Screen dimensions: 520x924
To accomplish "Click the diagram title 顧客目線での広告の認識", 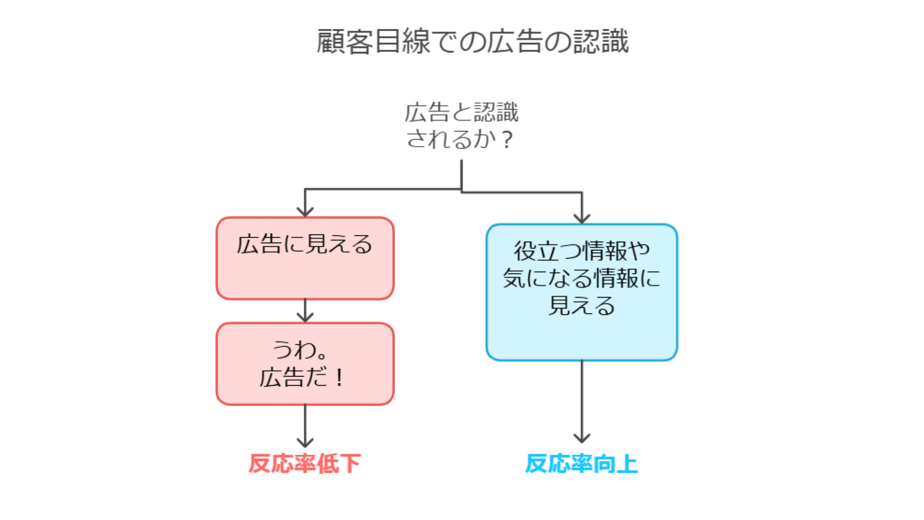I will pyautogui.click(x=472, y=41).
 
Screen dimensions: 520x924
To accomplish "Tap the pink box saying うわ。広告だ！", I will pyautogui.click(x=305, y=364).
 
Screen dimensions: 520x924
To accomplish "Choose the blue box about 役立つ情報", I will pyautogui.click(x=581, y=292).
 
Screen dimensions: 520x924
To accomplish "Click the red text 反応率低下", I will pyautogui.click(x=304, y=464).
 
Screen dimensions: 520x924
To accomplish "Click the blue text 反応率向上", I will pyautogui.click(x=581, y=464).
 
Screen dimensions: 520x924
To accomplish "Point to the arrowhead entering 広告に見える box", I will pyautogui.click(x=305, y=212).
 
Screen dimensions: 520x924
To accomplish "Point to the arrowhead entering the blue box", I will pyautogui.click(x=582, y=219).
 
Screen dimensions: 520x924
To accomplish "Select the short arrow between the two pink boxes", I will pyautogui.click(x=305, y=311).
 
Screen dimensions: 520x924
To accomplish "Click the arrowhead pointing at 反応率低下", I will pyautogui.click(x=305, y=442).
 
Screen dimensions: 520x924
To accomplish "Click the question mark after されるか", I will pyautogui.click(x=507, y=140).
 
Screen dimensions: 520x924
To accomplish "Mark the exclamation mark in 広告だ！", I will pyautogui.click(x=340, y=377).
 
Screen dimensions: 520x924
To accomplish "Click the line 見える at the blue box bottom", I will pyautogui.click(x=581, y=306).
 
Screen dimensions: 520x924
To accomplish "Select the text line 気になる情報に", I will pyautogui.click(x=581, y=278).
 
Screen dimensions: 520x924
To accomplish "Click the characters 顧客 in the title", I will pyautogui.click(x=345, y=41).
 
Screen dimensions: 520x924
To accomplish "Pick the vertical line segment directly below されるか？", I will pyautogui.click(x=462, y=174).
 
